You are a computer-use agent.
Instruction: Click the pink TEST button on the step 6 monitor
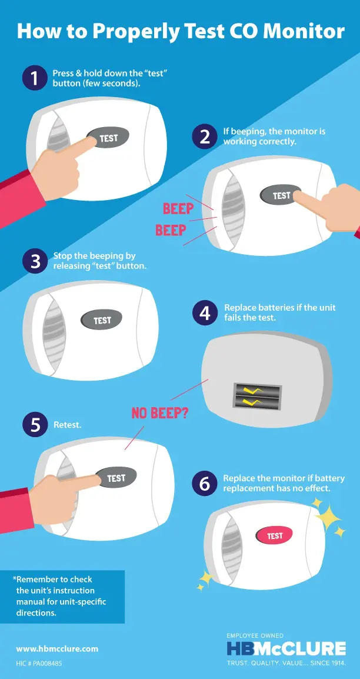pos(274,535)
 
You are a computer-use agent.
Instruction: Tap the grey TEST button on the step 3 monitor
pos(102,321)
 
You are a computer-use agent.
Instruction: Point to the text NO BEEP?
pos(159,412)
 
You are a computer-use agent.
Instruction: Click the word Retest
pos(67,425)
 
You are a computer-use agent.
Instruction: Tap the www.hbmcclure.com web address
pos(57,649)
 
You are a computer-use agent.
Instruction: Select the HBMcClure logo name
pos(286,648)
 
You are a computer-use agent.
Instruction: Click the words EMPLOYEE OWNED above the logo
pos(255,635)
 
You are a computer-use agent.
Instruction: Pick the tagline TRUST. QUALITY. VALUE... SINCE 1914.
pos(286,663)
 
